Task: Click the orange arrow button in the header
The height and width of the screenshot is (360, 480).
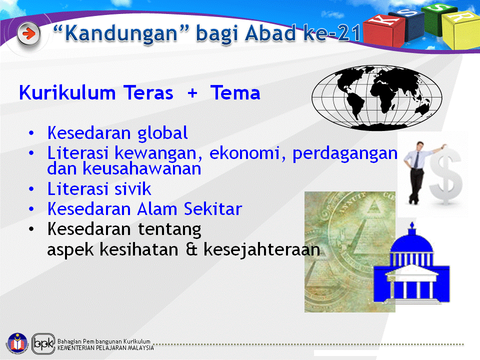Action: (x=28, y=33)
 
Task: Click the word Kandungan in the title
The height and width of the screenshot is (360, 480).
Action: (x=121, y=33)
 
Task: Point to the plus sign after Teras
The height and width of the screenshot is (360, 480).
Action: (x=192, y=93)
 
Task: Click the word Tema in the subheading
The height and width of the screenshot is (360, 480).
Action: (x=235, y=93)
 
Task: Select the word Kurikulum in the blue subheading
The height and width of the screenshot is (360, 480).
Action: (x=67, y=93)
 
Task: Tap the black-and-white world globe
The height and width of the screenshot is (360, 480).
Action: (x=377, y=97)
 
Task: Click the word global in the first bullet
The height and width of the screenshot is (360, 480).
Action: (x=162, y=133)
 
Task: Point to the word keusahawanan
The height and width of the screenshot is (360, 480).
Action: (x=141, y=168)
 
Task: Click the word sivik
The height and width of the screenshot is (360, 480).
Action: (x=133, y=189)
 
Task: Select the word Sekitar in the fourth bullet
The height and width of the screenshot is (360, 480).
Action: (x=213, y=209)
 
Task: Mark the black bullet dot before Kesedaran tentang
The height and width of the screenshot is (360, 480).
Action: (x=31, y=229)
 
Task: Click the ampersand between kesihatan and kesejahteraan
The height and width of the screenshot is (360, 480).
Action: (x=191, y=249)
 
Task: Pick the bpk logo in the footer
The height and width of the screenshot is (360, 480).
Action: (x=43, y=343)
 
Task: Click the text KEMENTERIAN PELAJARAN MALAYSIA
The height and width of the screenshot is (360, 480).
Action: (x=105, y=348)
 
